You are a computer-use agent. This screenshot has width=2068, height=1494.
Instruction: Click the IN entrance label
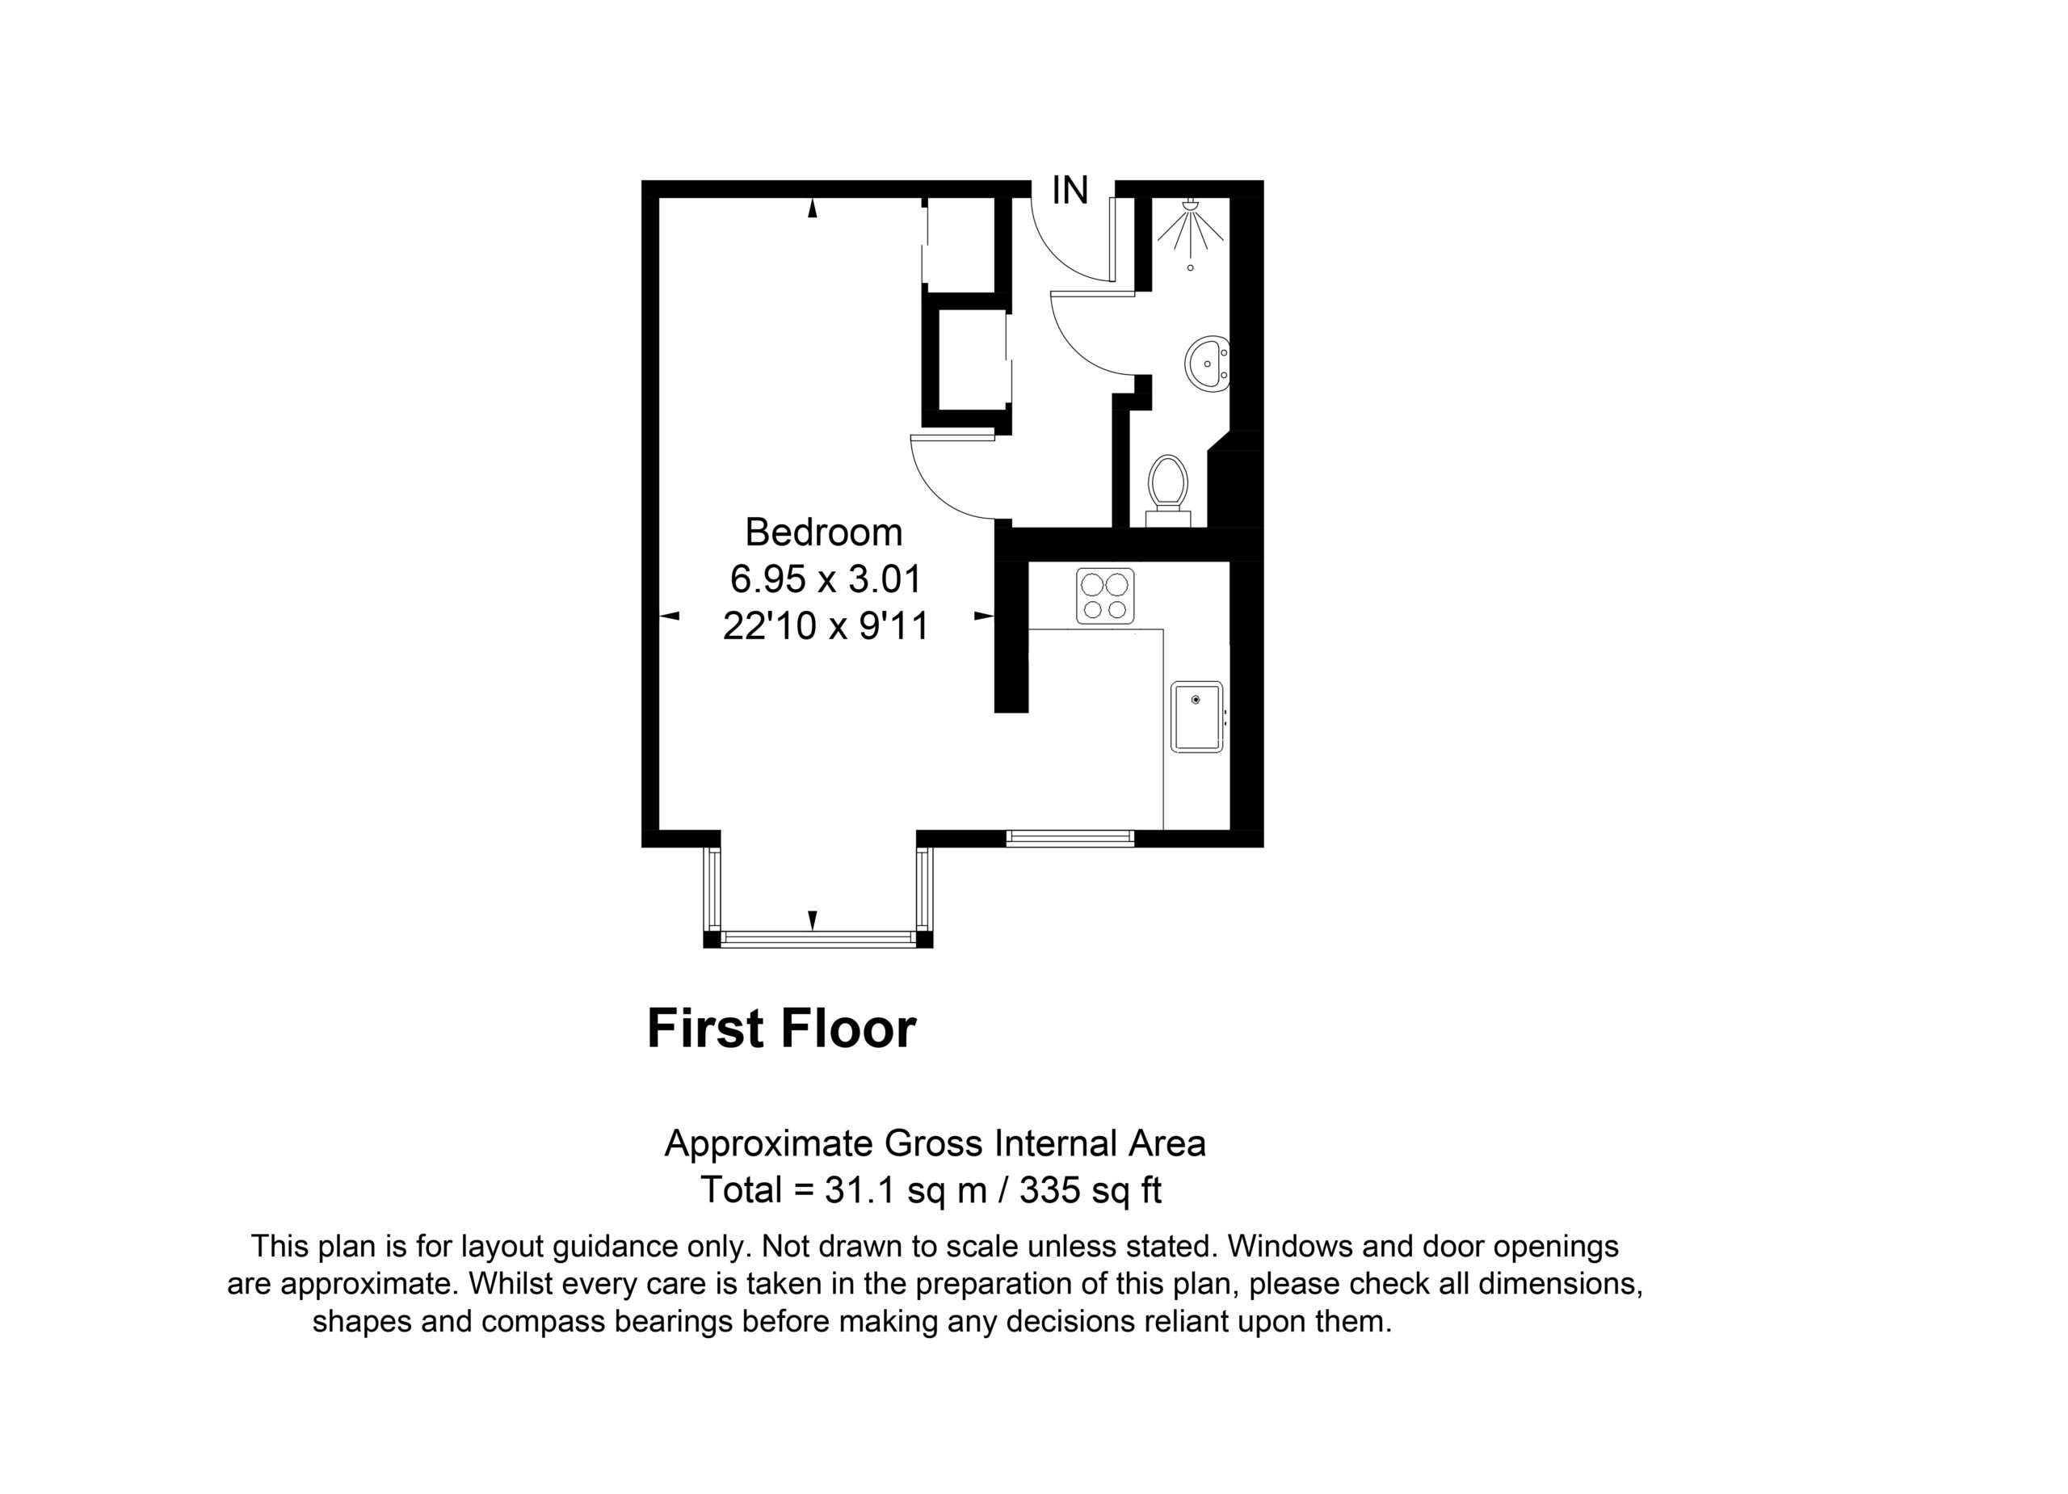(1070, 191)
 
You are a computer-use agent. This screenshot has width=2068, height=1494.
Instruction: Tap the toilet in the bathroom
(1167, 490)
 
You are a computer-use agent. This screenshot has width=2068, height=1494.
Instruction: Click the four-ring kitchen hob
(1105, 595)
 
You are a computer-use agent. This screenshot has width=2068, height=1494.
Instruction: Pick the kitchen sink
(1196, 717)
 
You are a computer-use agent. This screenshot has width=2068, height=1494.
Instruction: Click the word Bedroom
(823, 532)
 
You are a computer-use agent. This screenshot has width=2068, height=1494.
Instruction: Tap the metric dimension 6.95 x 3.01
(826, 579)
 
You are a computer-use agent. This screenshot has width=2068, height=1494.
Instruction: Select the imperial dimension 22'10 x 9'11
(826, 625)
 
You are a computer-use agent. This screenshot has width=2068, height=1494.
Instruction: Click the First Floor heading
(780, 1029)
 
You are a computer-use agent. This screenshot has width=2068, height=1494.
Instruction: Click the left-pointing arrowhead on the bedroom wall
(670, 617)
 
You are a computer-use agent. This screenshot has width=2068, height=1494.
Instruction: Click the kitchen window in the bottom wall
(1070, 838)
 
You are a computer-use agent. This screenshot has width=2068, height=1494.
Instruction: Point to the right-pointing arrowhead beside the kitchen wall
(984, 617)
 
